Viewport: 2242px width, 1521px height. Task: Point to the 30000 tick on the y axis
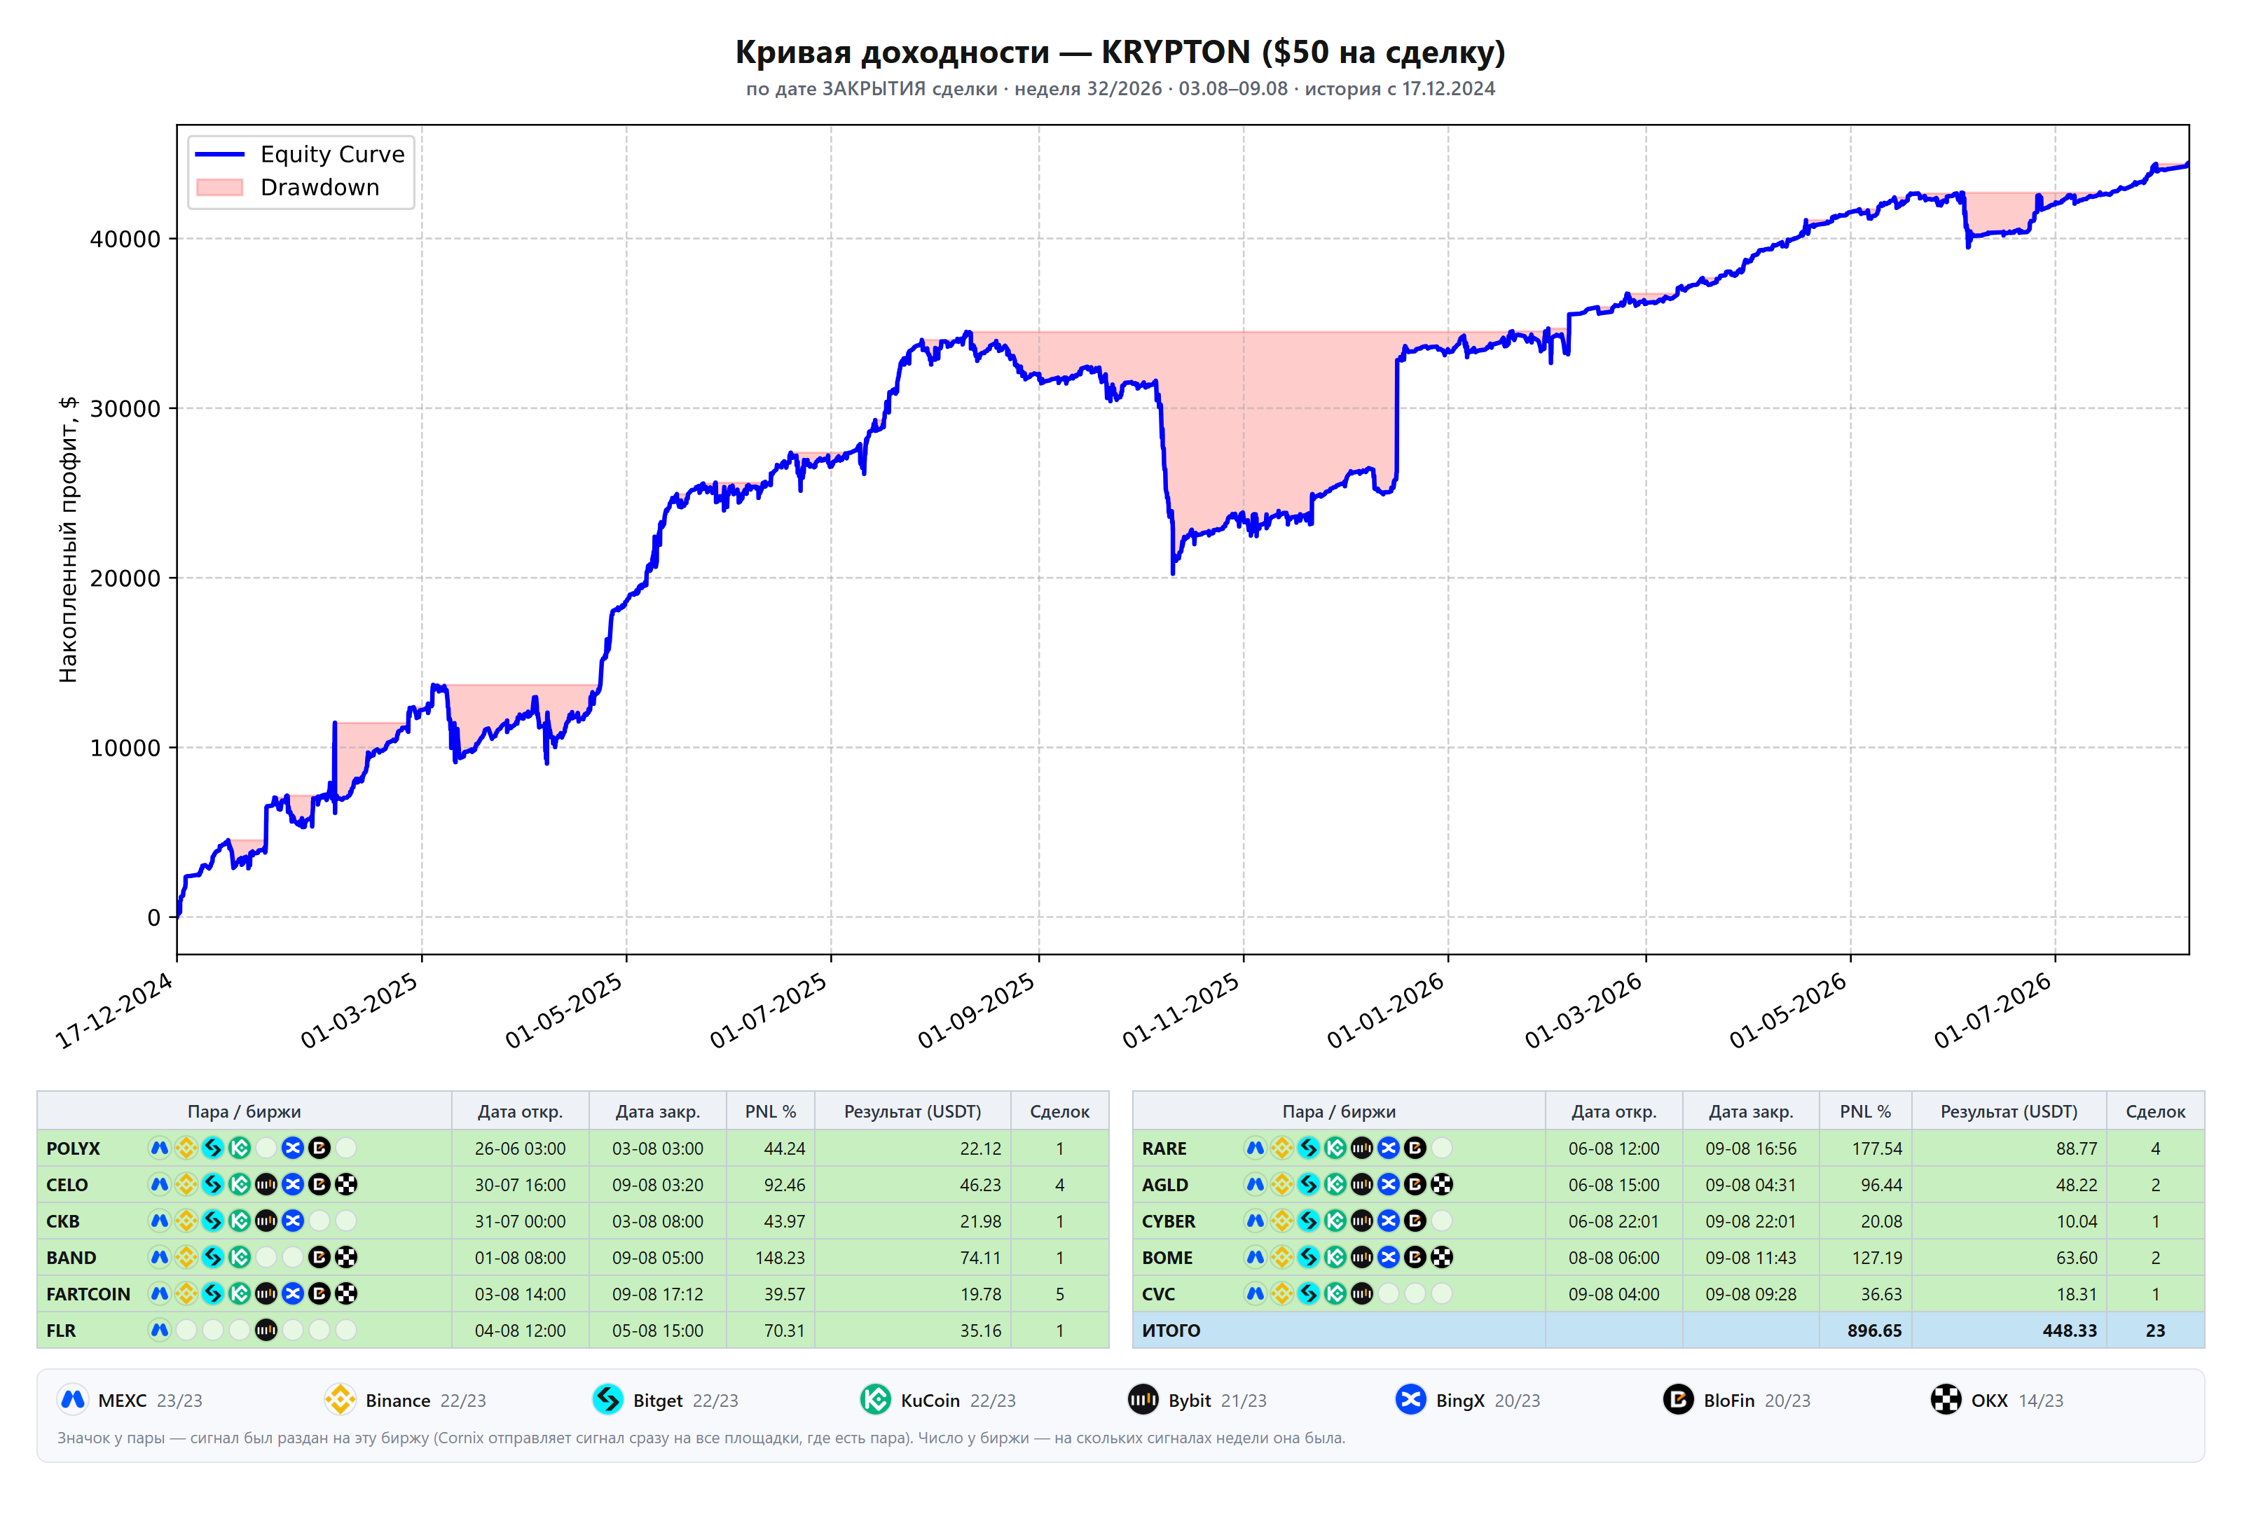pyautogui.click(x=125, y=409)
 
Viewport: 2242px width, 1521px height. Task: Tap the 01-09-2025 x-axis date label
pyautogui.click(x=976, y=1010)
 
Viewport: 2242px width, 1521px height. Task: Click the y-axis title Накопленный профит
pyautogui.click(x=67, y=540)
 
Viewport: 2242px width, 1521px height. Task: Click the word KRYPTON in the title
pyautogui.click(x=1175, y=52)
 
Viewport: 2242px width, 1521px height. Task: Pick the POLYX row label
pyautogui.click(x=74, y=1148)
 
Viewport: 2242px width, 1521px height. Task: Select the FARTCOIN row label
pyautogui.click(x=88, y=1294)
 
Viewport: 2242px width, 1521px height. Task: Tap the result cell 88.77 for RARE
pyautogui.click(x=2076, y=1148)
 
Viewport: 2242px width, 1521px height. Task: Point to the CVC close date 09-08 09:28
pyautogui.click(x=1751, y=1294)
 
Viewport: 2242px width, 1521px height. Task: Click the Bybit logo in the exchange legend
pyautogui.click(x=1143, y=1399)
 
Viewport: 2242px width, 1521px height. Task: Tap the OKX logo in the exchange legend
pyautogui.click(x=1946, y=1399)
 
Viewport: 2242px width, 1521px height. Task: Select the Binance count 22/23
pyautogui.click(x=463, y=1401)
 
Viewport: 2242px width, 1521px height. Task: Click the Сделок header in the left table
pyautogui.click(x=1059, y=1112)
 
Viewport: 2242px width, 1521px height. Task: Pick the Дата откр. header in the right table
pyautogui.click(x=1614, y=1112)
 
